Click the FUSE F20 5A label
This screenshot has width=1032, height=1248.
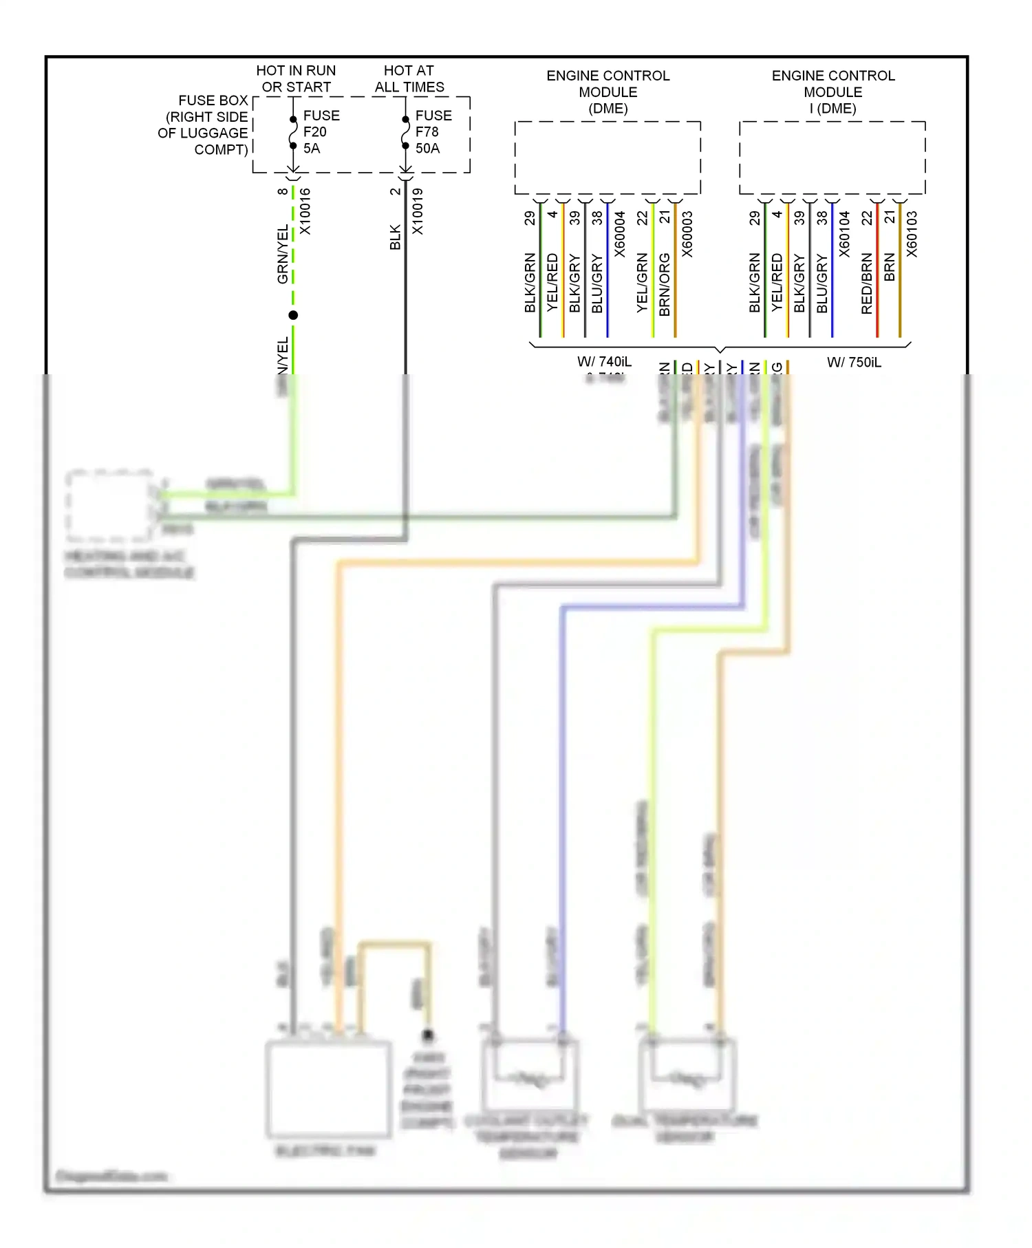click(321, 131)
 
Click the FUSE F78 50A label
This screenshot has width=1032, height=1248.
click(433, 131)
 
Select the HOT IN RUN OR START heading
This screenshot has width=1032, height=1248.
click(296, 78)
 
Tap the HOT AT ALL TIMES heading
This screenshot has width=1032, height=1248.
click(409, 78)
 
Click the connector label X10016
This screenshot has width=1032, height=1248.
click(305, 211)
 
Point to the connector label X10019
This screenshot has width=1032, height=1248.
click(418, 211)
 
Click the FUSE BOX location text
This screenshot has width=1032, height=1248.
click(204, 125)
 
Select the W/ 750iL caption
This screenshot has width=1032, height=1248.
click(853, 362)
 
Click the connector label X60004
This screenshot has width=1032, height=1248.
click(619, 234)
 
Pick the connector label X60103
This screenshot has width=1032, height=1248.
click(912, 234)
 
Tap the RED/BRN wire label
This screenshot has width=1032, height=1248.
click(866, 283)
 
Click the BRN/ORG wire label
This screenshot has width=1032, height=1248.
click(664, 284)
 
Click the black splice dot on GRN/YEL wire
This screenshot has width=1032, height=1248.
click(293, 315)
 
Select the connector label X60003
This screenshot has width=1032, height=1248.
click(687, 234)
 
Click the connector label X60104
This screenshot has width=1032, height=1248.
click(844, 234)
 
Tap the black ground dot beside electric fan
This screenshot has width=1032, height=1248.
click(427, 1034)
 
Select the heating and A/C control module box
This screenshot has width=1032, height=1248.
click(109, 506)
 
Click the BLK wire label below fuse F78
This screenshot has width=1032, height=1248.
click(395, 237)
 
